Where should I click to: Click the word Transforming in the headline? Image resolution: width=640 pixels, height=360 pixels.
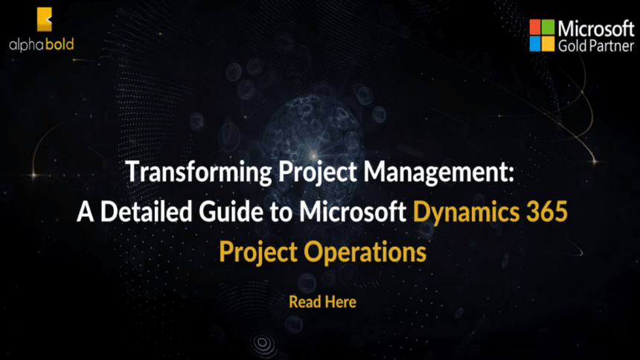point(188,173)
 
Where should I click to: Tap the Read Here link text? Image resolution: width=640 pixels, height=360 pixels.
point(322,303)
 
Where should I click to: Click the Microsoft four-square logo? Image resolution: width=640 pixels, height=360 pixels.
point(543,34)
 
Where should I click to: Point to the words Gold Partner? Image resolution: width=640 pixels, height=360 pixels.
point(592,46)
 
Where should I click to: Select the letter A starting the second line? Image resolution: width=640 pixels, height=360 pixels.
point(83,213)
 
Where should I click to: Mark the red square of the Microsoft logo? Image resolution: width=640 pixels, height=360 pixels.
point(536,27)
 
